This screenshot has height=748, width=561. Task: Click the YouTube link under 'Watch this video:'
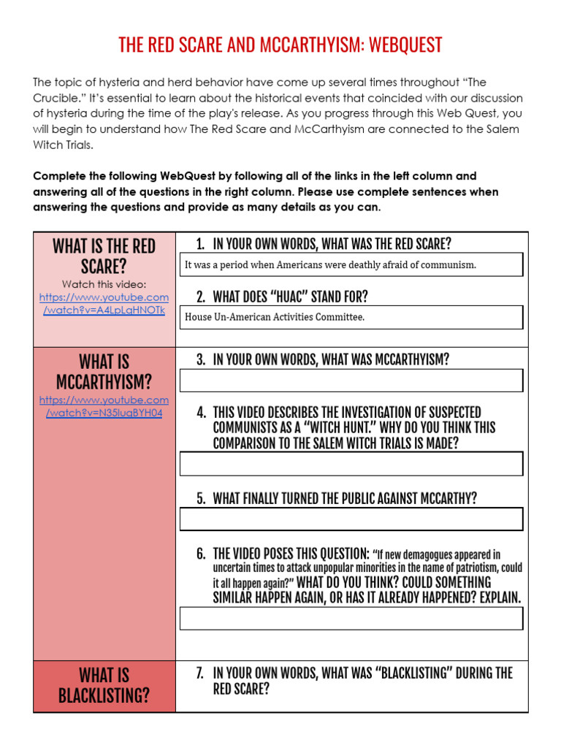(x=104, y=304)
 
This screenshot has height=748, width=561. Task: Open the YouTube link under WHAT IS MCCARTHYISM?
(x=104, y=406)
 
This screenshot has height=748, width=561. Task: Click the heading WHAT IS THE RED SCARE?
(x=104, y=256)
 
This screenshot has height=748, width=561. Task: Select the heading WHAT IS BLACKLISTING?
(x=104, y=685)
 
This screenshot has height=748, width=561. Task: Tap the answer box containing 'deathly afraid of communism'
(x=351, y=264)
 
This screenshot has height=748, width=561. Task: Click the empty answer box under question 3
(x=351, y=381)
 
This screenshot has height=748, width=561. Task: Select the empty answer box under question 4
(x=351, y=463)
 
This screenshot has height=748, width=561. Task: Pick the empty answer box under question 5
(x=351, y=519)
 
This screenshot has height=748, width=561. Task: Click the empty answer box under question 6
(x=351, y=618)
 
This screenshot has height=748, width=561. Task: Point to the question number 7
(x=200, y=673)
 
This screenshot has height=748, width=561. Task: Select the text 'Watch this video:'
(x=104, y=284)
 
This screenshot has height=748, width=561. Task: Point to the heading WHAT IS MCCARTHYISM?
(x=104, y=371)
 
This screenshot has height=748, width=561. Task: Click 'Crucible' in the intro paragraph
(x=62, y=97)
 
